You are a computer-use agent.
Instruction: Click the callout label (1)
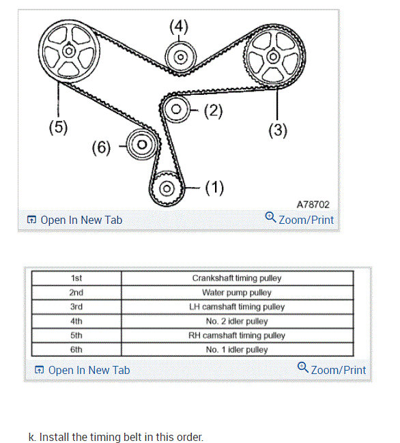pos(214,188)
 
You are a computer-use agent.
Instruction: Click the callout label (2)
pos(214,110)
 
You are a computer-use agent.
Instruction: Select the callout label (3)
pos(277,130)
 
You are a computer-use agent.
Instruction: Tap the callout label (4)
pos(179,27)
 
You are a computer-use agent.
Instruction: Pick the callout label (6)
pos(102,147)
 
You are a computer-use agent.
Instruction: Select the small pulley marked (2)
pos(177,109)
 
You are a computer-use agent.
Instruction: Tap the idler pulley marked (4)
pos(180,57)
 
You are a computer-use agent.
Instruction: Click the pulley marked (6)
pos(141,145)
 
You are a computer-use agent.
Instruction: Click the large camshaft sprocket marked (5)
pos(69,52)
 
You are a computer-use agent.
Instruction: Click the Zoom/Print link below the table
pos(332,370)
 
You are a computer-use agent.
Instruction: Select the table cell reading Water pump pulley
pos(237,292)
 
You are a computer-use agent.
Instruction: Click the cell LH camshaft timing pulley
pos(237,306)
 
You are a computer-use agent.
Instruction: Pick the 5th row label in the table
pos(76,335)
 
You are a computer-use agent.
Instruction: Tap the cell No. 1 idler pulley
pos(237,349)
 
